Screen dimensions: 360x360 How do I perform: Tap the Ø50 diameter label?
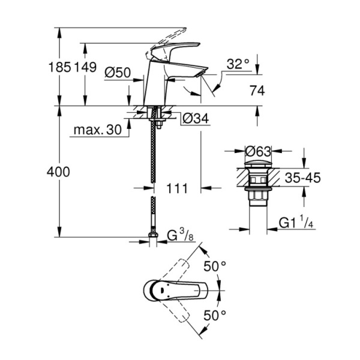118,73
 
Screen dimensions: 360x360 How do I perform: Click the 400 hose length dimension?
59,172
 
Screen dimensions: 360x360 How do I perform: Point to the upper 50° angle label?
215,265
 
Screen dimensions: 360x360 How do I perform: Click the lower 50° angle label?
215,314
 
